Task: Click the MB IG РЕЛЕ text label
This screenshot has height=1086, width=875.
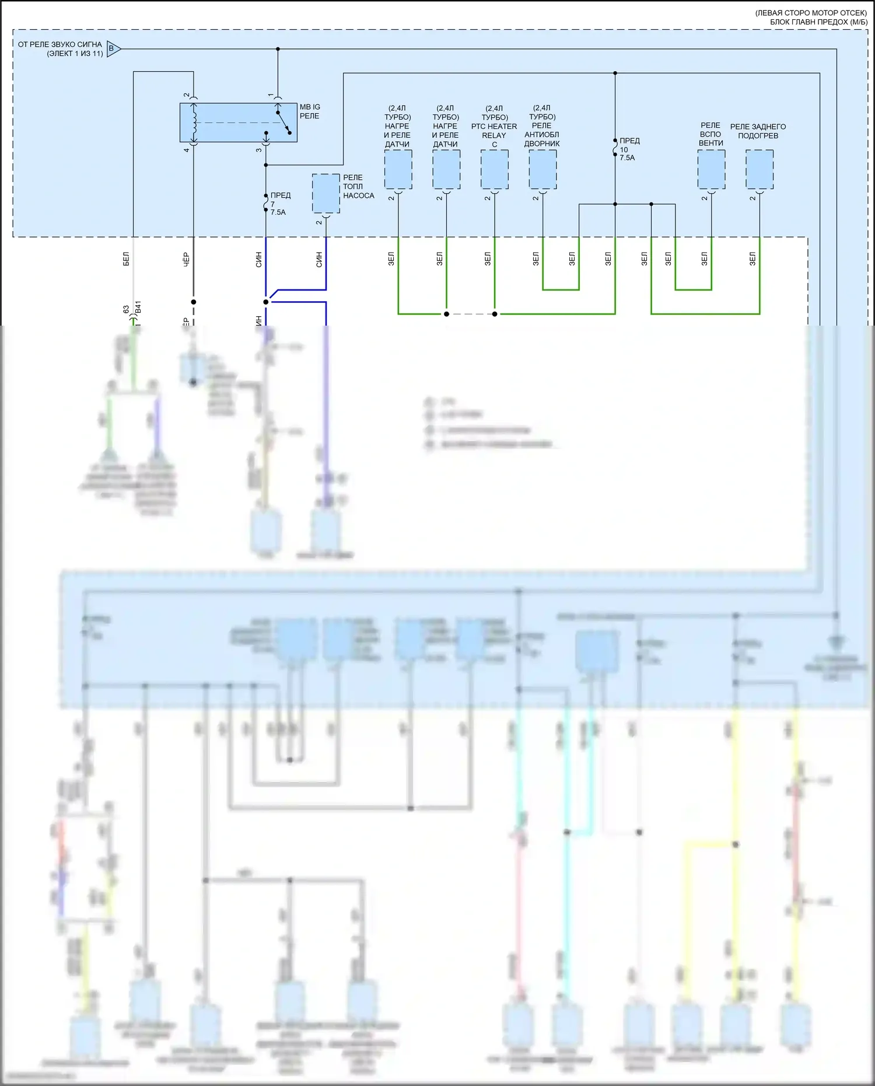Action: click(x=310, y=111)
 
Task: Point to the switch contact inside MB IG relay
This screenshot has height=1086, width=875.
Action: click(x=283, y=123)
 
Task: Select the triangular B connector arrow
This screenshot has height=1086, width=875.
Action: click(x=114, y=49)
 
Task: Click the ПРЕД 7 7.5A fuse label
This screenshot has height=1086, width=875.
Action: click(x=280, y=204)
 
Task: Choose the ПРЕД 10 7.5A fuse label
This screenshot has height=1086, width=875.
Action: click(x=629, y=149)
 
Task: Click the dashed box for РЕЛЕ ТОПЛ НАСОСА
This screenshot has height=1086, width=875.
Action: click(x=325, y=194)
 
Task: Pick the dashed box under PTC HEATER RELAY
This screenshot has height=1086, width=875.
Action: click(x=494, y=169)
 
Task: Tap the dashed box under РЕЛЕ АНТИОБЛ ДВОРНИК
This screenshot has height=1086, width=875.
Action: click(x=542, y=169)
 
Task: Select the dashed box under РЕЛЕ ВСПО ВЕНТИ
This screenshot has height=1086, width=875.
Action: click(x=711, y=169)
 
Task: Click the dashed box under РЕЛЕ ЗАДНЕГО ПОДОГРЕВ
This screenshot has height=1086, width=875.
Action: click(x=759, y=169)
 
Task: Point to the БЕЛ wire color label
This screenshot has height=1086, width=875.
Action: click(x=126, y=260)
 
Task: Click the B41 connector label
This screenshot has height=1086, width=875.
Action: click(x=138, y=308)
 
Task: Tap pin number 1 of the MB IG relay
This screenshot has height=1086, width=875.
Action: click(x=271, y=95)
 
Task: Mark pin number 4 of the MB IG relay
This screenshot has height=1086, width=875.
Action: click(x=187, y=150)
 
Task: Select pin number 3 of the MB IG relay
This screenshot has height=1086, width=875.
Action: click(x=258, y=150)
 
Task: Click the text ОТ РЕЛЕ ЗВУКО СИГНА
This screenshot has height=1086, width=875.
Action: click(x=60, y=44)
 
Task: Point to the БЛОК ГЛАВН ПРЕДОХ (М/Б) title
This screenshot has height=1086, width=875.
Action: click(x=818, y=22)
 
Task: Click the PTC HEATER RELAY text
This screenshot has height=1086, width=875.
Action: click(x=494, y=127)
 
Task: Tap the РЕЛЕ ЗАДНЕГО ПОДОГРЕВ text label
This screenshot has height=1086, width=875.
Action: click(x=758, y=131)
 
